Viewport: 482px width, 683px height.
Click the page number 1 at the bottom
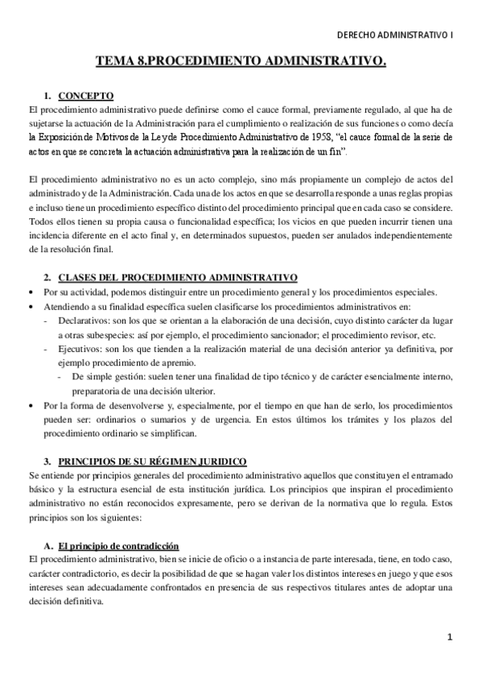tap(451, 637)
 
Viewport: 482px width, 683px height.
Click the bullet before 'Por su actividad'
tap(31, 292)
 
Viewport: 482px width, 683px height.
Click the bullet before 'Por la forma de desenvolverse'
tap(31, 406)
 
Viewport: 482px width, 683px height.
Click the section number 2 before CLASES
tap(47, 277)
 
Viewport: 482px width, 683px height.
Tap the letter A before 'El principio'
tap(48, 546)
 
